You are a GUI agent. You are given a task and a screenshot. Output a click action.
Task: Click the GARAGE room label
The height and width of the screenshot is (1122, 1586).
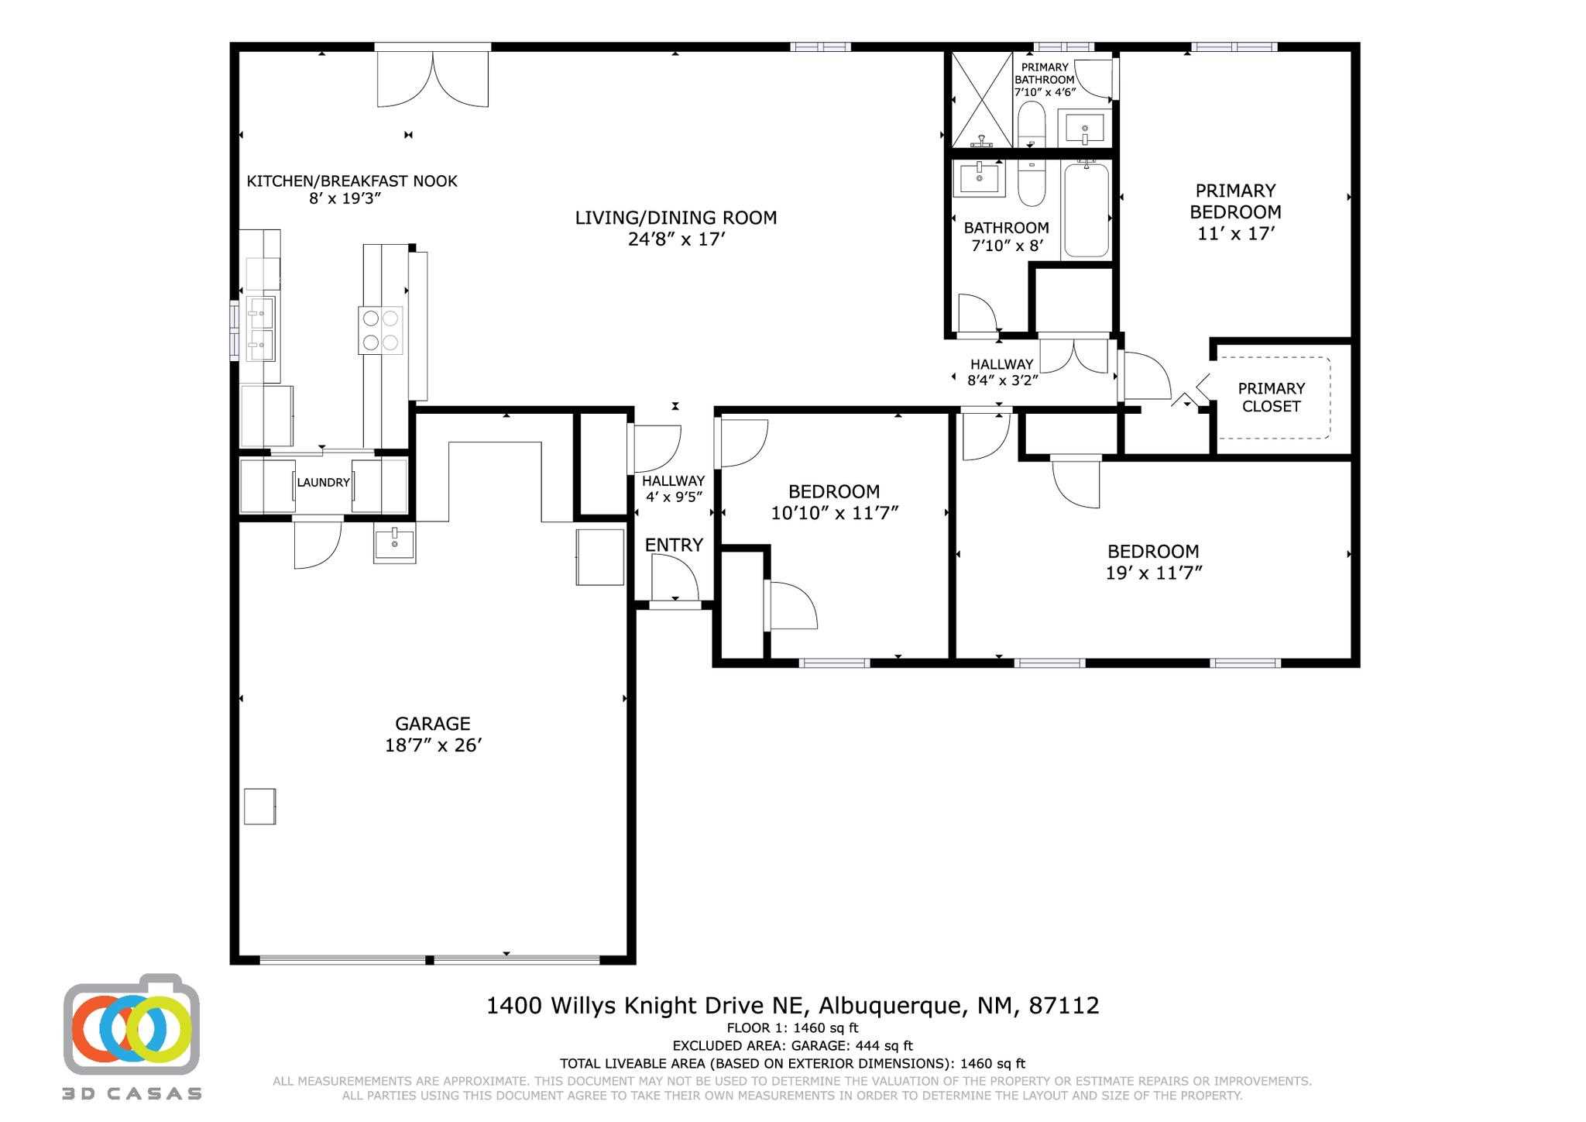coord(432,724)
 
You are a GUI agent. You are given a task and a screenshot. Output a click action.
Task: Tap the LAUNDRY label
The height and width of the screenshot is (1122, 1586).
coord(324,483)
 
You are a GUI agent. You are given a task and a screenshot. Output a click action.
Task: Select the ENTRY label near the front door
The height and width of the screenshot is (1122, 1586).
coord(674,545)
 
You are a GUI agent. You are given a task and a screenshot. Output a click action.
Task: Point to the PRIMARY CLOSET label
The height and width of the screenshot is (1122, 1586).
coord(1271,398)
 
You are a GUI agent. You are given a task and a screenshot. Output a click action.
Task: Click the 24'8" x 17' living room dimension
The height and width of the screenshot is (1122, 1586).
coord(676,239)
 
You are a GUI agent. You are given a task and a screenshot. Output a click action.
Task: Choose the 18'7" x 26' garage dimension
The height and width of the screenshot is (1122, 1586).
coord(433,745)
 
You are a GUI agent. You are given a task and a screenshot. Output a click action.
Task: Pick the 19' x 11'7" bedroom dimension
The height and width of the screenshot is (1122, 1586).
coord(1153,573)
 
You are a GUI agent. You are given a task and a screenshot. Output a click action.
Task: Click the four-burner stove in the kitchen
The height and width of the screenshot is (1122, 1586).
coord(380,331)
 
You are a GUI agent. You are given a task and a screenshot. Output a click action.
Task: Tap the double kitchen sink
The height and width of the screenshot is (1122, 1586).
coord(260,329)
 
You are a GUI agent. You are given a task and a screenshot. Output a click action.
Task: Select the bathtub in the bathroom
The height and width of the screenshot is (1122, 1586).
coord(1087,210)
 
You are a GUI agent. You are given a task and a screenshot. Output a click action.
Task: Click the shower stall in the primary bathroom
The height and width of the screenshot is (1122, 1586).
coord(982,99)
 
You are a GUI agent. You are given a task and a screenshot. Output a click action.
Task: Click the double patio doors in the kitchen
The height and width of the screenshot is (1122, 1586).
coord(433,75)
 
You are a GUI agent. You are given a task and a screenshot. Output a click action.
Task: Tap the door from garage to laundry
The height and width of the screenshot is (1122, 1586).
coord(318,542)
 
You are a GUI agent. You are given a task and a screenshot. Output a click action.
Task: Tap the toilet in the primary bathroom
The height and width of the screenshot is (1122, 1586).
coord(1031,125)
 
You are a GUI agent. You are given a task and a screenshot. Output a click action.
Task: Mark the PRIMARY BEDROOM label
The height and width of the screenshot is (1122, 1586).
coord(1235,201)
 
